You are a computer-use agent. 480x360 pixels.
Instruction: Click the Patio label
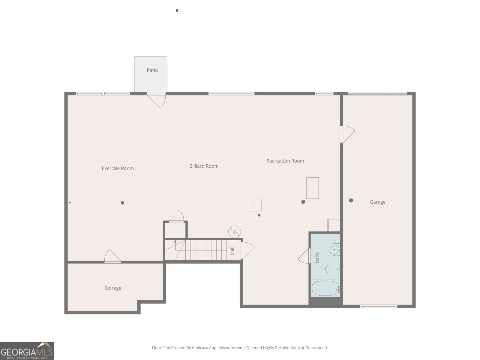click(x=152, y=70)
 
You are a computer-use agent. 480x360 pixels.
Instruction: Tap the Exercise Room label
click(x=118, y=168)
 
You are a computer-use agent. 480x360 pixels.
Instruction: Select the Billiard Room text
click(x=204, y=166)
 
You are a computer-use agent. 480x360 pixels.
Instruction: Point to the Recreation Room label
click(x=285, y=161)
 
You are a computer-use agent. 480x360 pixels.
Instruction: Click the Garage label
click(x=377, y=202)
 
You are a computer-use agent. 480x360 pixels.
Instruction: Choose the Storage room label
click(x=113, y=288)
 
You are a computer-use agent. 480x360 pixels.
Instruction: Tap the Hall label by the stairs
click(x=232, y=251)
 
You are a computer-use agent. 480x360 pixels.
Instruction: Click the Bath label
click(x=317, y=258)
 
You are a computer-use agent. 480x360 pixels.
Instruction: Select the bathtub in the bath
click(x=325, y=288)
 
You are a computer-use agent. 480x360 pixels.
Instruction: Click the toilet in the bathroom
click(x=332, y=269)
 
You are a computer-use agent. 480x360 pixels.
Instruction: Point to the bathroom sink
click(x=334, y=249)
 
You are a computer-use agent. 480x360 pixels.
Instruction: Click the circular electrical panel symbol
click(x=234, y=232)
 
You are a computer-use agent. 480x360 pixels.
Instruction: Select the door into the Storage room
click(x=112, y=256)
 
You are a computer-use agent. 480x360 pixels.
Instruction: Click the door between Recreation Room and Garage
click(x=347, y=134)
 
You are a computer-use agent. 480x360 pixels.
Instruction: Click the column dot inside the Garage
click(x=351, y=200)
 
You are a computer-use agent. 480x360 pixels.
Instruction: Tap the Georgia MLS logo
click(x=27, y=351)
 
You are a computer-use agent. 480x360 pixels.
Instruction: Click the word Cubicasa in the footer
click(x=200, y=348)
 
